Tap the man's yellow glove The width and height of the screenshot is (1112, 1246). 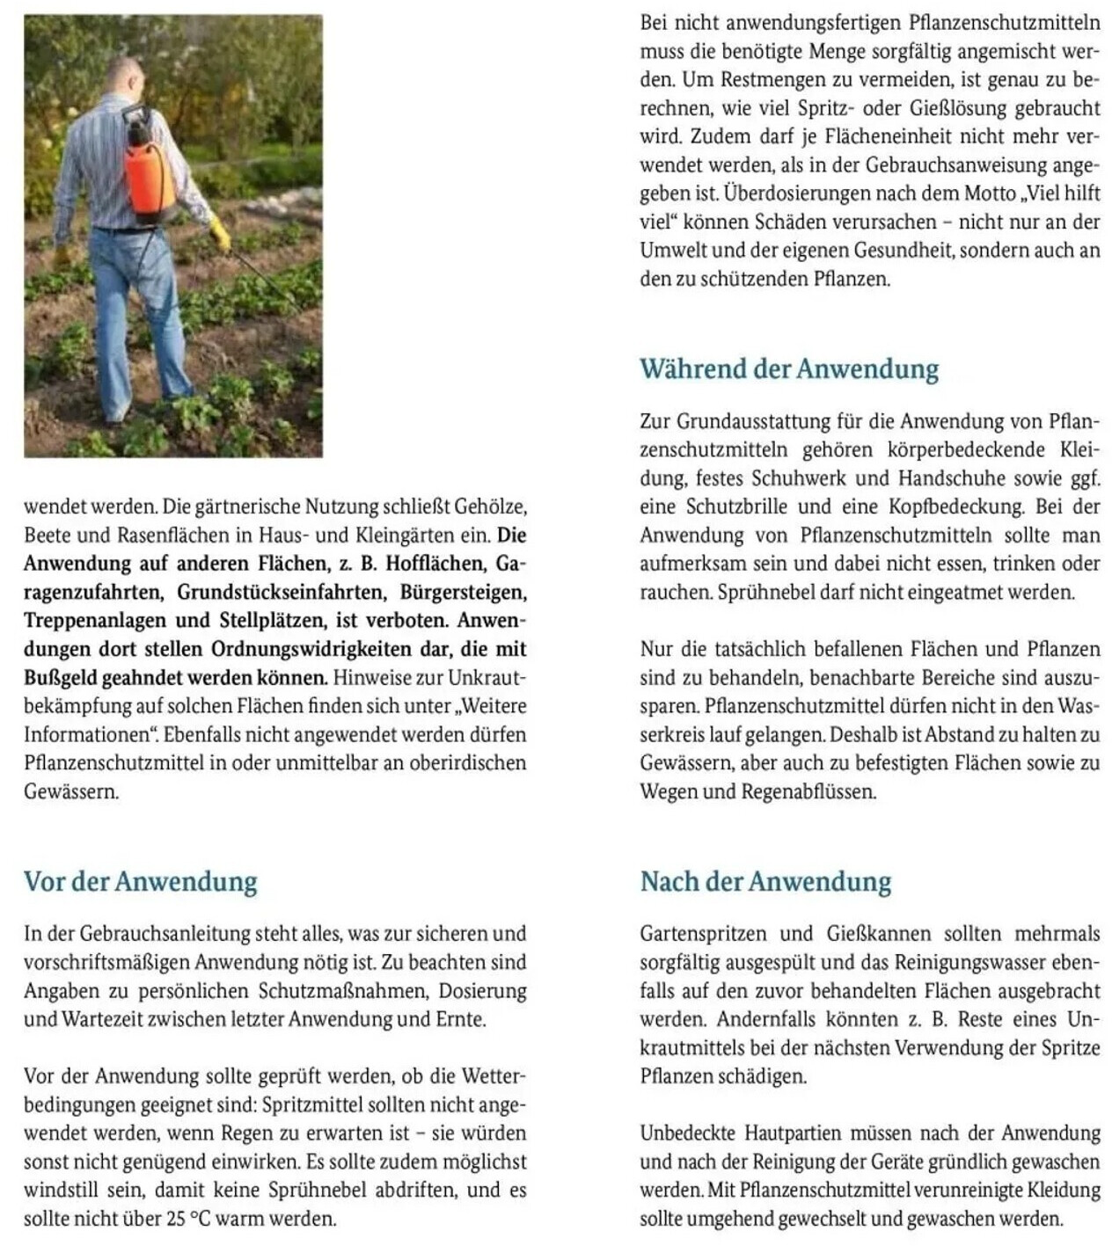tap(219, 235)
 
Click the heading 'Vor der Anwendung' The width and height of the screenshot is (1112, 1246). tap(141, 881)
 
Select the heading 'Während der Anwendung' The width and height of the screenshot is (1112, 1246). tap(789, 368)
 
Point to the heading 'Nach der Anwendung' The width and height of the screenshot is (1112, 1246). tap(765, 881)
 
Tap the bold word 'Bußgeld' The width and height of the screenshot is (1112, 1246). tap(59, 678)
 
